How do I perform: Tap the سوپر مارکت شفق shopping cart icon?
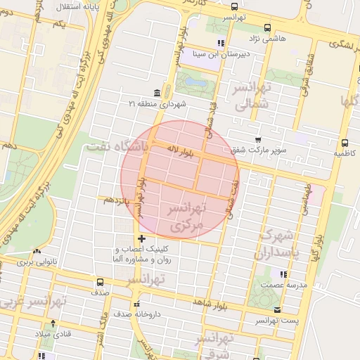258,140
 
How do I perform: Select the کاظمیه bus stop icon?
344,143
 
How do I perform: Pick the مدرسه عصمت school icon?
283,274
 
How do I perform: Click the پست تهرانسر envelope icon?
278,309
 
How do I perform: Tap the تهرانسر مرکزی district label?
186,217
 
